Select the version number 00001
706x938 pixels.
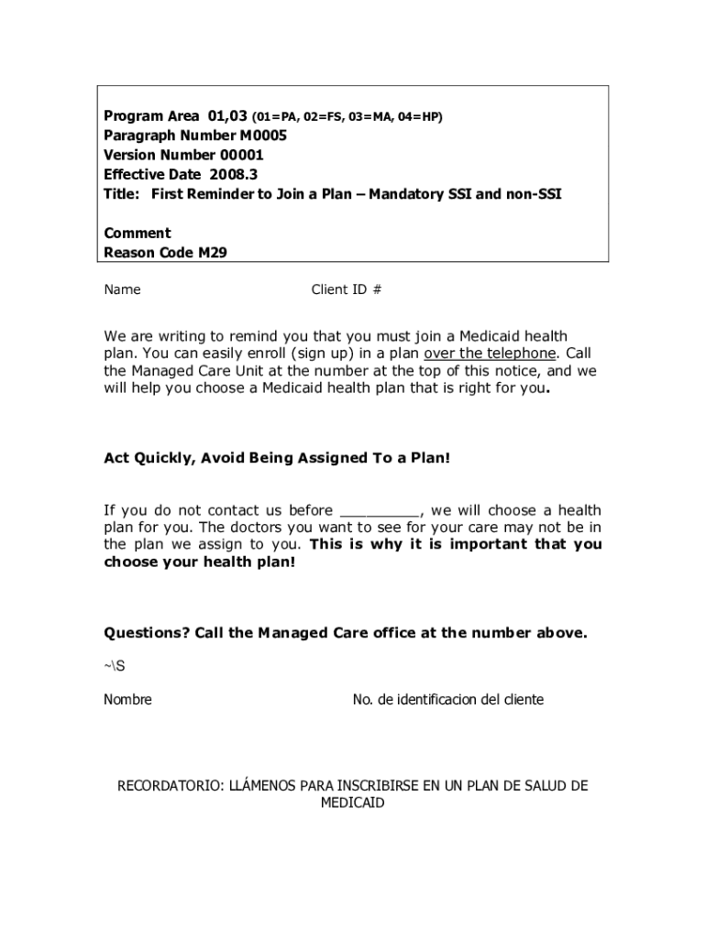point(241,155)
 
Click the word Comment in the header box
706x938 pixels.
point(138,234)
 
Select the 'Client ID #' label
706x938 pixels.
point(347,289)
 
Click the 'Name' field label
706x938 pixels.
point(122,289)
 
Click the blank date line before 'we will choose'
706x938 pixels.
point(381,510)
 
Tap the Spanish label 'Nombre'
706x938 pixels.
point(127,700)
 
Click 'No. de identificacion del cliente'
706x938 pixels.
point(448,700)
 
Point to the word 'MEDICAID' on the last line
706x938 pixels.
point(353,803)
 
